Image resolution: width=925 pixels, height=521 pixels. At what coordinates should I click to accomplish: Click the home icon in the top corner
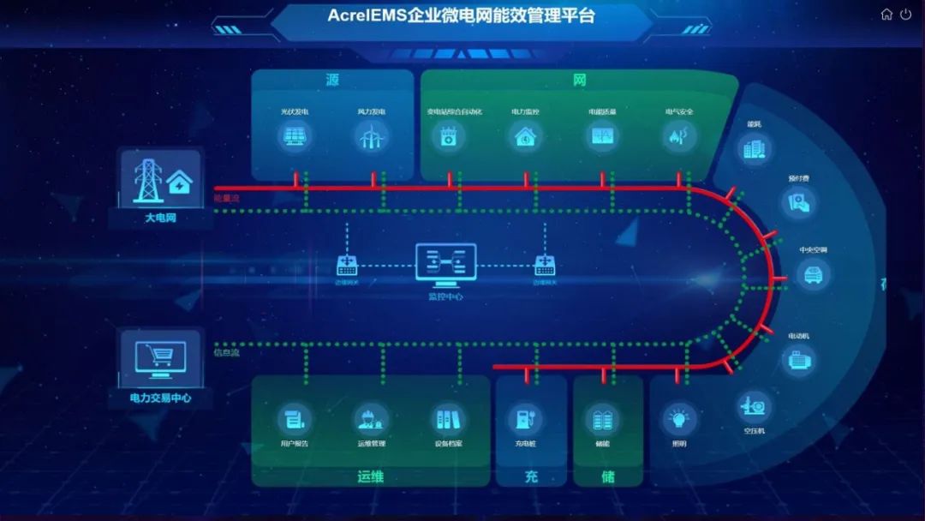click(x=886, y=15)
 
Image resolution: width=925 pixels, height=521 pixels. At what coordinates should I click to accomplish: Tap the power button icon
click(x=906, y=15)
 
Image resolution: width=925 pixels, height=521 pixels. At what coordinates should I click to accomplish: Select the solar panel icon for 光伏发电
click(x=294, y=136)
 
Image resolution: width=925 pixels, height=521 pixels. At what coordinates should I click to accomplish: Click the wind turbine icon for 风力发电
click(x=371, y=136)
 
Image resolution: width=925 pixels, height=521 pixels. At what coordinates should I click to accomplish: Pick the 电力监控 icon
click(x=524, y=136)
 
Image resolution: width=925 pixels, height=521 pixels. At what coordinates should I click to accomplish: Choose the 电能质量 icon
click(x=602, y=136)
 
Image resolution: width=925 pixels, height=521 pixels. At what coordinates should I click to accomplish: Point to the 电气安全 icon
click(x=678, y=136)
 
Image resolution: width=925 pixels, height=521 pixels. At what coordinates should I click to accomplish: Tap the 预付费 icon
click(x=799, y=202)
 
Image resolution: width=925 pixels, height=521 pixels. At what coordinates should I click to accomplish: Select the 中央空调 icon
click(x=813, y=274)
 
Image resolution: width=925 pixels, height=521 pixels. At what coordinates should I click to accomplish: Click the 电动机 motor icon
click(x=798, y=359)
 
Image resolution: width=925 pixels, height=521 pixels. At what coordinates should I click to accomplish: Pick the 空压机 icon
click(x=754, y=405)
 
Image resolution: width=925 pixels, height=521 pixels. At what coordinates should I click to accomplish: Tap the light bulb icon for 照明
click(x=678, y=419)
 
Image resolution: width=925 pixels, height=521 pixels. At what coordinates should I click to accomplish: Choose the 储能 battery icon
click(x=603, y=419)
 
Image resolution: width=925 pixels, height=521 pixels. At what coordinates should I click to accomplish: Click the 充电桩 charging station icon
click(x=524, y=419)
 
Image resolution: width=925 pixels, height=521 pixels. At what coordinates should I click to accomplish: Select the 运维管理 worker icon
click(x=371, y=419)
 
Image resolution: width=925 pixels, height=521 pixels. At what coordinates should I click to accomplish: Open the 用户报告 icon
click(x=294, y=419)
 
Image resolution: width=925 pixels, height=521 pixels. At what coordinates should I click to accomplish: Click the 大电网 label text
click(x=160, y=219)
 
